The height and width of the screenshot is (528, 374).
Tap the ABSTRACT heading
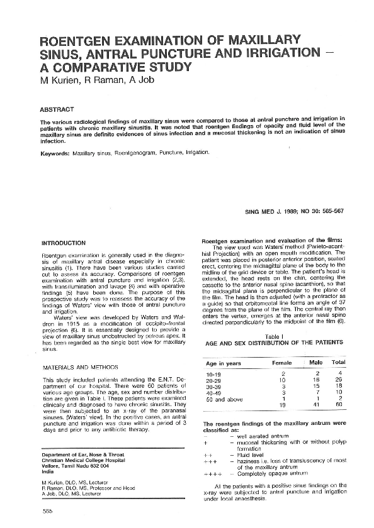56,109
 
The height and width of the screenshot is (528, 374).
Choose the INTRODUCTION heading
63,243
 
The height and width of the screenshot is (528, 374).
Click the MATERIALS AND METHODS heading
75,366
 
